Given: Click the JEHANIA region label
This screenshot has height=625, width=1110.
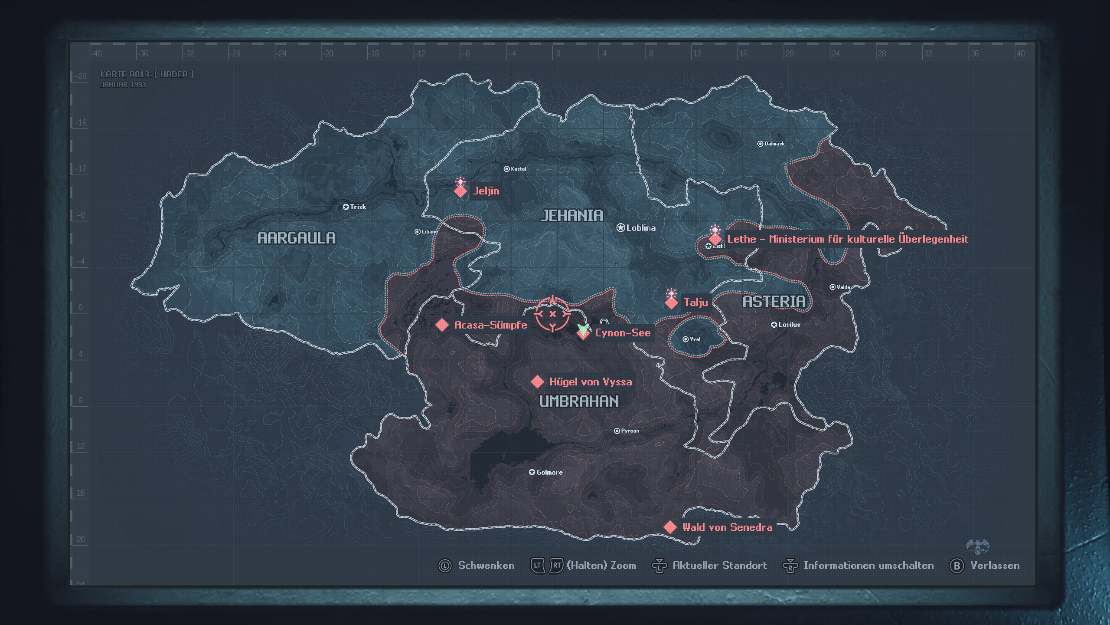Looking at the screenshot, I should coord(571,216).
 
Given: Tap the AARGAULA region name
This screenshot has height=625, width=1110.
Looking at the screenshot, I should coord(297,238).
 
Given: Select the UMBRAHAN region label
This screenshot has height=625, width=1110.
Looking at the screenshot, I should coord(579,401).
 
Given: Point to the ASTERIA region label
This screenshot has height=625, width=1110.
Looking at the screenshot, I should coord(774,301).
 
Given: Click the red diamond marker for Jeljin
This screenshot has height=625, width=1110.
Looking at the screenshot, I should coord(460,191).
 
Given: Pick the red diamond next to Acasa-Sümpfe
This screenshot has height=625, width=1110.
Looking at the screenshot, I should coord(442,325).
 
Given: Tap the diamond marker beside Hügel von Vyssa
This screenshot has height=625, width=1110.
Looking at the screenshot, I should coord(537,382).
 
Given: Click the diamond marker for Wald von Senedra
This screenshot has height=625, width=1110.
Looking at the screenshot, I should coord(670,527).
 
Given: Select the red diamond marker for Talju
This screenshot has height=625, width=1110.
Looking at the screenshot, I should coord(671,303).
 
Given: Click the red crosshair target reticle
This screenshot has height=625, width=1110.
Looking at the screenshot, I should coord(552,314).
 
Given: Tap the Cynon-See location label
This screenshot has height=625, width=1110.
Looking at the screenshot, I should coord(623,333).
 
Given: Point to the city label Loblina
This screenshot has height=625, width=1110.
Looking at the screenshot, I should coord(640,228).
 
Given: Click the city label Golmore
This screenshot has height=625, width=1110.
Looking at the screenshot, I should coord(549,472).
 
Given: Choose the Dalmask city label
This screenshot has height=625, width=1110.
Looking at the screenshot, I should coord(774,144).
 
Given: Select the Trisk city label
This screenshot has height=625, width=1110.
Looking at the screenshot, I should coord(358,207).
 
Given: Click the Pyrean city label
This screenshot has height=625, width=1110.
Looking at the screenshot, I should coord(630,431).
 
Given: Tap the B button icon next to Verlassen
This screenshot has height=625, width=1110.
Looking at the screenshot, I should coord(957,566).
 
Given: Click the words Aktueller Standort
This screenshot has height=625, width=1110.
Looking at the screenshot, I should coord(719,566).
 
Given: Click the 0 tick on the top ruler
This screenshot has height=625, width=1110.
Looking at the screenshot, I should coord(558,53).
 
